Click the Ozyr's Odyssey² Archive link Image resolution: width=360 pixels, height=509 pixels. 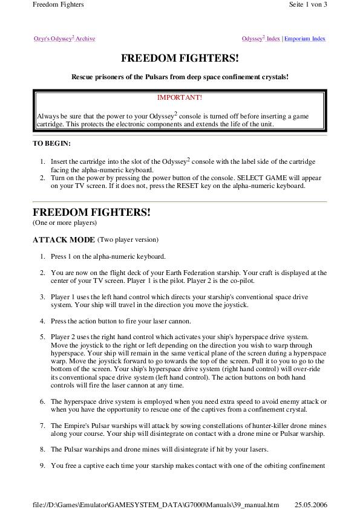point(64,39)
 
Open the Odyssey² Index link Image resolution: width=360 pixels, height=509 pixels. point(261,39)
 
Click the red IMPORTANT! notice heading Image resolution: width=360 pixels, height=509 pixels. point(180,97)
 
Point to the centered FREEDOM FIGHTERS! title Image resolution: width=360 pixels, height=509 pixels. point(180,59)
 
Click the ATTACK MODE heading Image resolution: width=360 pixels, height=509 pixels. point(64,240)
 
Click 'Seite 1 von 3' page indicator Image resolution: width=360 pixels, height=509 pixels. point(308,5)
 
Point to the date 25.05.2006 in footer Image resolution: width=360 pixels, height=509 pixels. point(311,504)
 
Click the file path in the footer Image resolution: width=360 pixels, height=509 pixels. point(155,504)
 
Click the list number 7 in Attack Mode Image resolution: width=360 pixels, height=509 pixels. point(43,426)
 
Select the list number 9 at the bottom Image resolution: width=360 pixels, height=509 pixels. point(43,465)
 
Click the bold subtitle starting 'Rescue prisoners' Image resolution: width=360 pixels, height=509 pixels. point(180,77)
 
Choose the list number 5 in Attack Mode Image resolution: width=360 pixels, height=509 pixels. point(43,337)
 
